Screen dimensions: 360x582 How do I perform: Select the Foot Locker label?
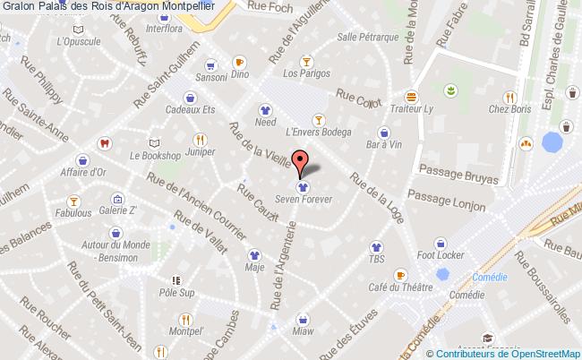[x=440, y=255]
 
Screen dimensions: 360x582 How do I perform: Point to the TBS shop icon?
[x=375, y=244]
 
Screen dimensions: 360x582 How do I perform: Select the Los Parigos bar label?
[x=304, y=74]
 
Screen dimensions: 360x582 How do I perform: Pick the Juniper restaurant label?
[x=200, y=152]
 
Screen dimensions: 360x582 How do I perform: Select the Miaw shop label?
[x=303, y=330]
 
